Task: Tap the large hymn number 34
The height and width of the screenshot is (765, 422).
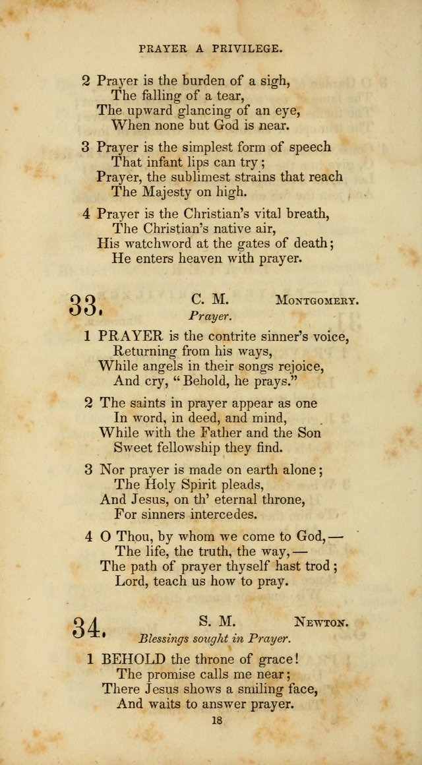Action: pyautogui.click(x=88, y=627)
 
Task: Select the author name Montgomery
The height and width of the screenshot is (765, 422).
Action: pyautogui.click(x=316, y=300)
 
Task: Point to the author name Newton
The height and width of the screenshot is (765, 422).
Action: pyautogui.click(x=322, y=621)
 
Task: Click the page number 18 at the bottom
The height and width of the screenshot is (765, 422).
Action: pyautogui.click(x=217, y=723)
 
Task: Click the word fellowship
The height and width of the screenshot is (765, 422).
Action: pyautogui.click(x=197, y=448)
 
